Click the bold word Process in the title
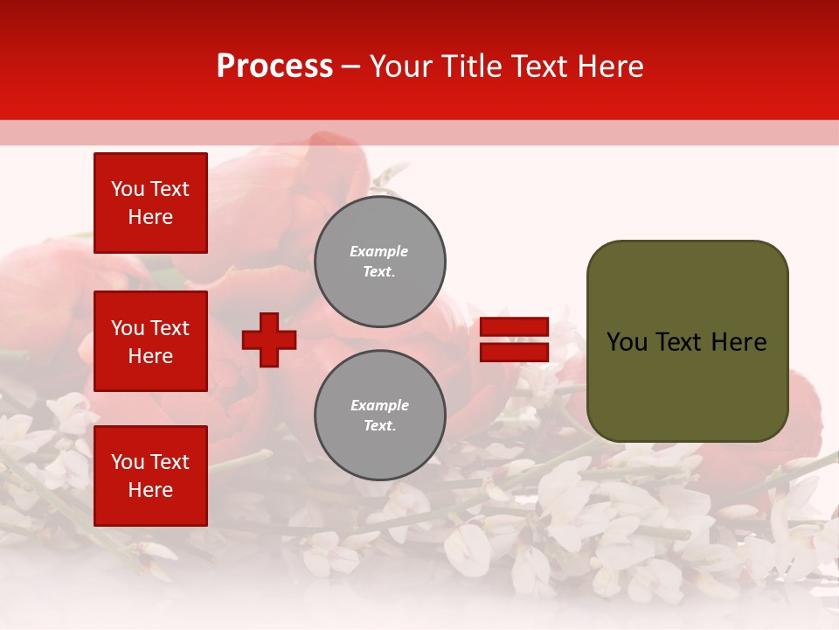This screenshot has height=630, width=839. point(274,66)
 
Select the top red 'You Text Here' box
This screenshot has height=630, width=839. point(150,203)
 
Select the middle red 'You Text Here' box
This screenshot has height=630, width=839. point(150,341)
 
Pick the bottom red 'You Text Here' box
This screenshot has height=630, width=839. point(150,475)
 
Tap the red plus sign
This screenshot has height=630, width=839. point(269,339)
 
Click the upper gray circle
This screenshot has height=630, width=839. point(379,261)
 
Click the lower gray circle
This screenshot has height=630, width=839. point(379,416)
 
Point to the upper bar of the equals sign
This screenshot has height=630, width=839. point(514,327)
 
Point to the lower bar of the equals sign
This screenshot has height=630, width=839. point(514,353)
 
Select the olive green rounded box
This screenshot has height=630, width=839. point(687,340)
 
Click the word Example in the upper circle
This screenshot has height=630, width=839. point(379,251)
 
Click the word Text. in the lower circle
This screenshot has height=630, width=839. point(379,426)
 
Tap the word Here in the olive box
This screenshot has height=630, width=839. point(739,342)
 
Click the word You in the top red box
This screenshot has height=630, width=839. point(128,189)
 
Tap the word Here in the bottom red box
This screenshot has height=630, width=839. point(150,490)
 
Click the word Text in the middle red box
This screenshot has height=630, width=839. point(170,328)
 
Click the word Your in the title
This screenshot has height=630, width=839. point(399,66)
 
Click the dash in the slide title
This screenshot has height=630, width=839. point(350,67)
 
